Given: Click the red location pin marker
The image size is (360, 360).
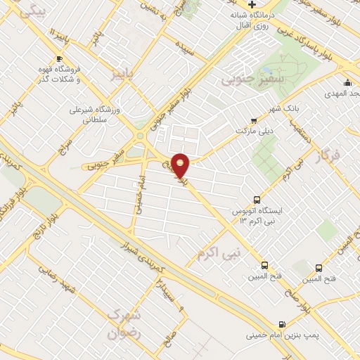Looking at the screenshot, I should coord(181,165).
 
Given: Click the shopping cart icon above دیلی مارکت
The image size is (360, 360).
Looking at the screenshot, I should coord(254,122).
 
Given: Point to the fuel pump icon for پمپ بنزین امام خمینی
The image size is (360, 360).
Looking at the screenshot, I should coord(282,325).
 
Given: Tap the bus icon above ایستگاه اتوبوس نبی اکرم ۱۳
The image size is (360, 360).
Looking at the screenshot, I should coord(257,200).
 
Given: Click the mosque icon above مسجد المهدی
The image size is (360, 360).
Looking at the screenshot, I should coord(347,82).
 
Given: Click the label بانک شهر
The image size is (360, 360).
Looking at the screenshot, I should coord(305,109).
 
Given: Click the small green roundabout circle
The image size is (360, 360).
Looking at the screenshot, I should coord(140,135).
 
